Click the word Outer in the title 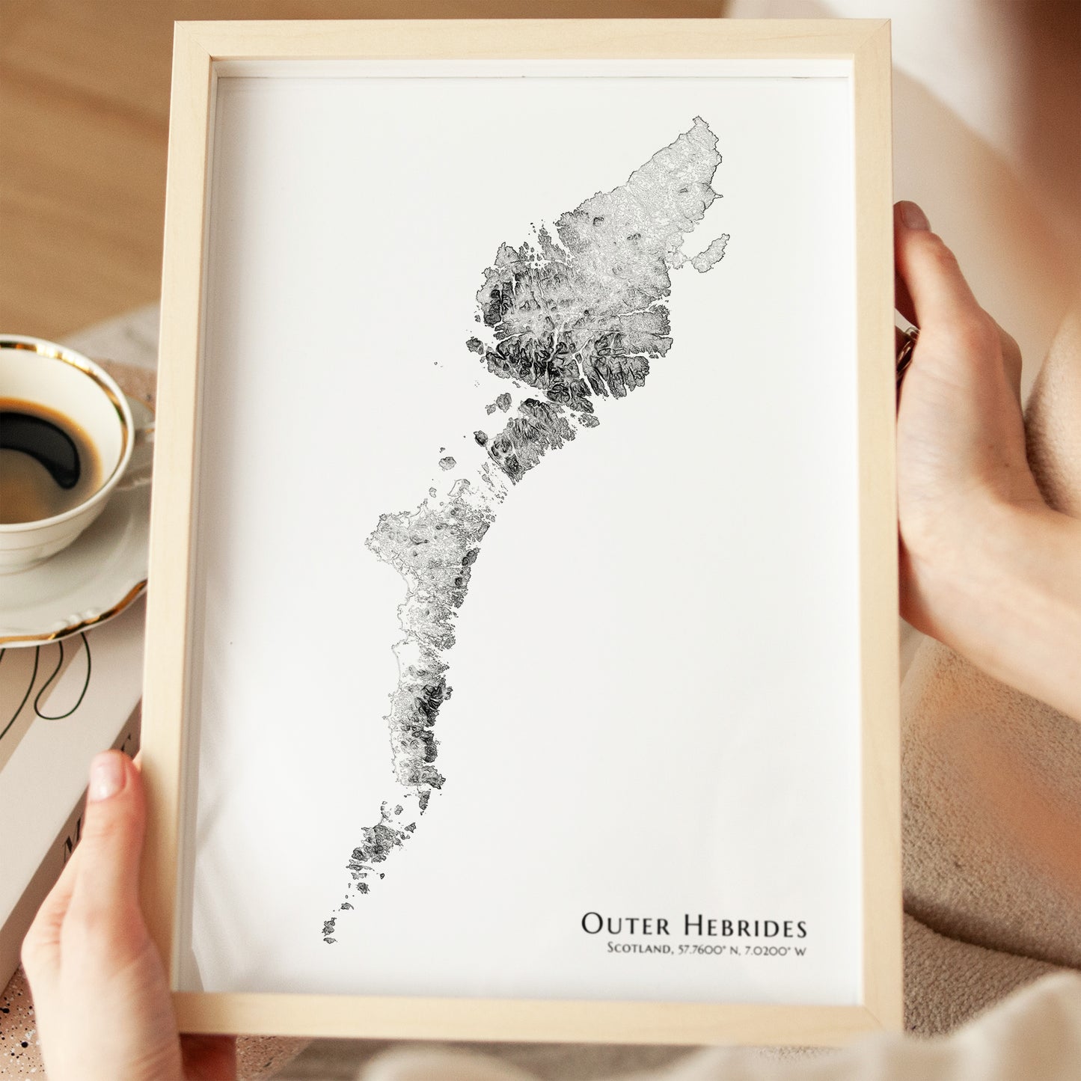click(x=625, y=925)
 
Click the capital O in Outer click(x=592, y=924)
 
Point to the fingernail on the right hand click(x=913, y=216)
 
